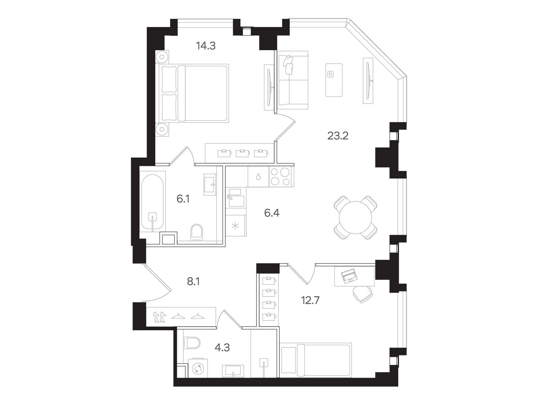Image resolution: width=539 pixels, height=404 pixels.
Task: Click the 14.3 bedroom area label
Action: pyautogui.click(x=206, y=46)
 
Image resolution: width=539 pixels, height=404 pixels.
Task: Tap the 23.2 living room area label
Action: pyautogui.click(x=338, y=136)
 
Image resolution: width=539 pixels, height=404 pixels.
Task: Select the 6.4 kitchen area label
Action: pyautogui.click(x=272, y=213)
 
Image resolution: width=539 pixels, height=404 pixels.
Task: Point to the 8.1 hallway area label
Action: pyautogui.click(x=193, y=281)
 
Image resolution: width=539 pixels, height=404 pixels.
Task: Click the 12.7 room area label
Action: pyautogui.click(x=310, y=300)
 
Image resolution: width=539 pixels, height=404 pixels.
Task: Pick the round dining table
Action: pyautogui.click(x=355, y=217)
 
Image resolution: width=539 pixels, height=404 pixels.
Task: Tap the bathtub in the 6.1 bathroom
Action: pyautogui.click(x=153, y=202)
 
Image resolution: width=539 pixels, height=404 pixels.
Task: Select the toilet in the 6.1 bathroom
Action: pyautogui.click(x=197, y=232)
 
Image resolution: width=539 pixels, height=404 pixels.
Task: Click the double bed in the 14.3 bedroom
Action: pyautogui.click(x=192, y=93)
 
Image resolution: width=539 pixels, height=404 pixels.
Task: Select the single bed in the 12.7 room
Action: pyautogui.click(x=316, y=360)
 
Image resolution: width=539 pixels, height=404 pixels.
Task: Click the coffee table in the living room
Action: pyautogui.click(x=334, y=80)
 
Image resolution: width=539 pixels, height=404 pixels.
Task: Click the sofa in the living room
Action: pyautogui.click(x=293, y=80)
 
